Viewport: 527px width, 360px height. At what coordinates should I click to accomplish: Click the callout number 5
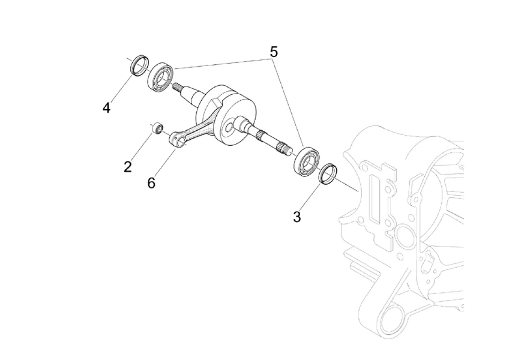(274, 52)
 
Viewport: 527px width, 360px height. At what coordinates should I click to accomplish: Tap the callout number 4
(106, 108)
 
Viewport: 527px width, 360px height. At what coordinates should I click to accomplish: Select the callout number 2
(128, 167)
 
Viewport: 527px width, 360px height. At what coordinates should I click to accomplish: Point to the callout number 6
(151, 183)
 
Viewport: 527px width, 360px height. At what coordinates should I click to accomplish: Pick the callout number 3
(297, 217)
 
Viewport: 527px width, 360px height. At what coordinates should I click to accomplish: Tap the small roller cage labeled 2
(157, 128)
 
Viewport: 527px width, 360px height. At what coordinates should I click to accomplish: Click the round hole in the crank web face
(229, 128)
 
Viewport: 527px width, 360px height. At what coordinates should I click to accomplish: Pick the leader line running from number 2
(141, 147)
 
